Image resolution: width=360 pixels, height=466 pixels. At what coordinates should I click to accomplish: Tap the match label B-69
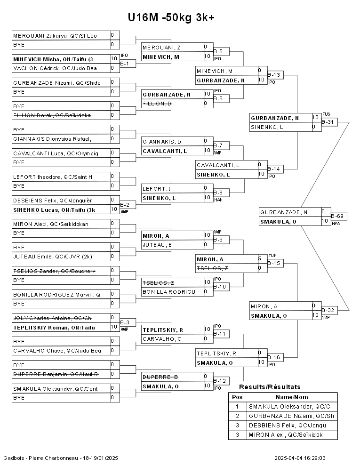(x=337, y=216)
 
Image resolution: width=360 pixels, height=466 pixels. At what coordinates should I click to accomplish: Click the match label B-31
(x=328, y=122)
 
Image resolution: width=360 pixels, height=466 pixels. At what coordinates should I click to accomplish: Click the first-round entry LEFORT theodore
(x=53, y=177)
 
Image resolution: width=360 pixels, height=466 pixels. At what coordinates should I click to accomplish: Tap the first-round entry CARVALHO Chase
(x=57, y=351)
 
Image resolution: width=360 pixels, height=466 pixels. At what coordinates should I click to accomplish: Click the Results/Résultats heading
(x=270, y=387)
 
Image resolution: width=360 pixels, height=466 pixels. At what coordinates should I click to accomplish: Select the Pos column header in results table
(x=237, y=397)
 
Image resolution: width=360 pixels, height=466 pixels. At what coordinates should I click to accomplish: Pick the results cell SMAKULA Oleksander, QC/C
(x=289, y=406)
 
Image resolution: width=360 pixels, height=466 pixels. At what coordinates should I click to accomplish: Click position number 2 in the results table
(x=237, y=416)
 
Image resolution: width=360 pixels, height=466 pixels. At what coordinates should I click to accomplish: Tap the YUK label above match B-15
(x=272, y=255)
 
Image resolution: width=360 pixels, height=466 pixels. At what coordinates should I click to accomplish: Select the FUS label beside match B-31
(x=326, y=114)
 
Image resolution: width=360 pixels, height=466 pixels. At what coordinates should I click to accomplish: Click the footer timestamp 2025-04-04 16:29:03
(x=300, y=458)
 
